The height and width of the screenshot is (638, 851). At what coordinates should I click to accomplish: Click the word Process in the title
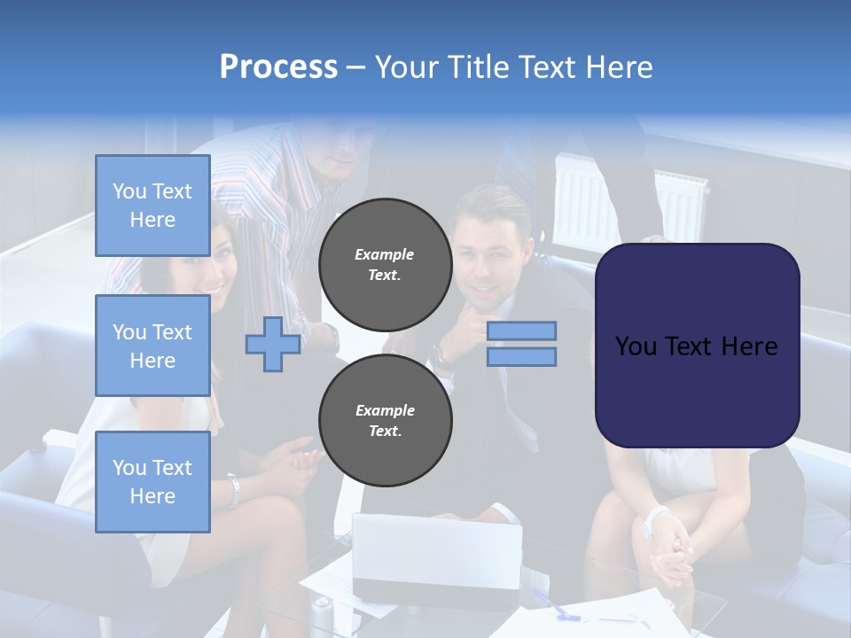(x=278, y=67)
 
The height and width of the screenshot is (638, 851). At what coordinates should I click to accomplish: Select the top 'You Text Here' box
(x=152, y=206)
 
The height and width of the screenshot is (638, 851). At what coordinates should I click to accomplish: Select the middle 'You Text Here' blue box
(x=152, y=346)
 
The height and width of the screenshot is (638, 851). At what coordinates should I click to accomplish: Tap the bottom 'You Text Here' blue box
(x=152, y=482)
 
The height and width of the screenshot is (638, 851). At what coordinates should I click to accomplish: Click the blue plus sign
(x=273, y=344)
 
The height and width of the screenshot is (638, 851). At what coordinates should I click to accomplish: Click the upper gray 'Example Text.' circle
(x=385, y=264)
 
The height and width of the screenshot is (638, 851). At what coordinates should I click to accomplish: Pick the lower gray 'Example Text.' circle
(x=385, y=420)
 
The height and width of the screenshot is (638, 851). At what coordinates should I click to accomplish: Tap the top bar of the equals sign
(x=521, y=331)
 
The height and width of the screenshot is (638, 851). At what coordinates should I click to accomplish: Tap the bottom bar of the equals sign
(x=521, y=356)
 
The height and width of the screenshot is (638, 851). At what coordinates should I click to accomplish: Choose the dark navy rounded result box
(x=697, y=346)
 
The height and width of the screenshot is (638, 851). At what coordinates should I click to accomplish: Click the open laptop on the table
(x=436, y=558)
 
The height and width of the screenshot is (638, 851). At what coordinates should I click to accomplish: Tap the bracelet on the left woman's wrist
(x=233, y=490)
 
